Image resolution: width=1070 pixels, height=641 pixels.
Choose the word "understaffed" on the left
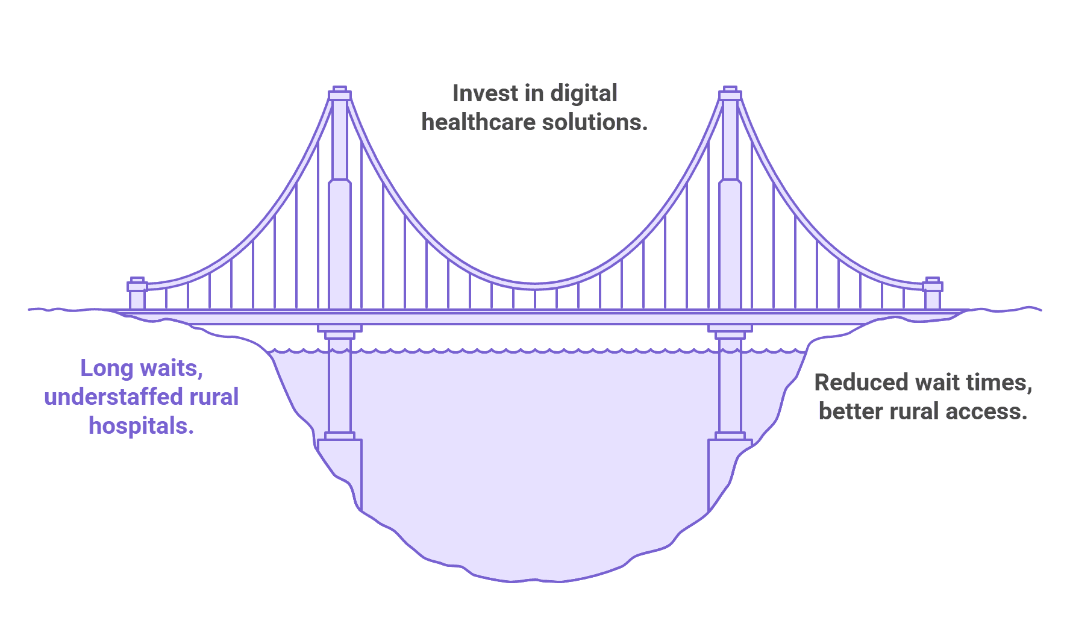point(113,397)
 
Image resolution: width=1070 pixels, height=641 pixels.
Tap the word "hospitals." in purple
point(142,426)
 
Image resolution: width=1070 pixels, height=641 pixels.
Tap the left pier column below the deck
point(340,386)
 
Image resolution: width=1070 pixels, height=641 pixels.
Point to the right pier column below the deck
point(730,386)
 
